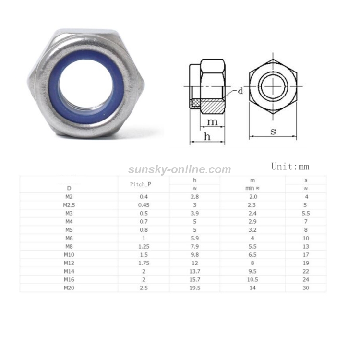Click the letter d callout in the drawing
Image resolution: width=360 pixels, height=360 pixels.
click(240, 91)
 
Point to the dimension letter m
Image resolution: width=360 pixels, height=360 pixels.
click(212, 122)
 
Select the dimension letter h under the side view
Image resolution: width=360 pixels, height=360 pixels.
click(207, 136)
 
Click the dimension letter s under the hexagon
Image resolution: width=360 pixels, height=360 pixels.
click(273, 132)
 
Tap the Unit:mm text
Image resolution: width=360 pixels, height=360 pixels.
click(290, 167)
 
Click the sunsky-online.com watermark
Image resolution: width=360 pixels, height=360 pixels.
click(180, 169)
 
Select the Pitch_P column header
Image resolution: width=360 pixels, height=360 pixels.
click(141, 184)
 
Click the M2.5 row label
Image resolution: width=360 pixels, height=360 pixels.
click(69, 205)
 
